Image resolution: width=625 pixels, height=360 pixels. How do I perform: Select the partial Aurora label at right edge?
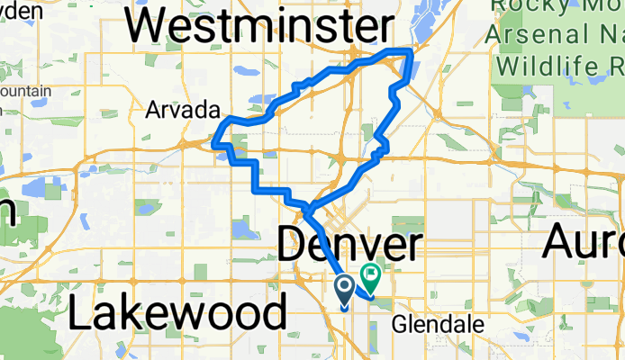(x=585, y=243)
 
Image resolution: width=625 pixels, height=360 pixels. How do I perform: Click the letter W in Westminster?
(x=146, y=27)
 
